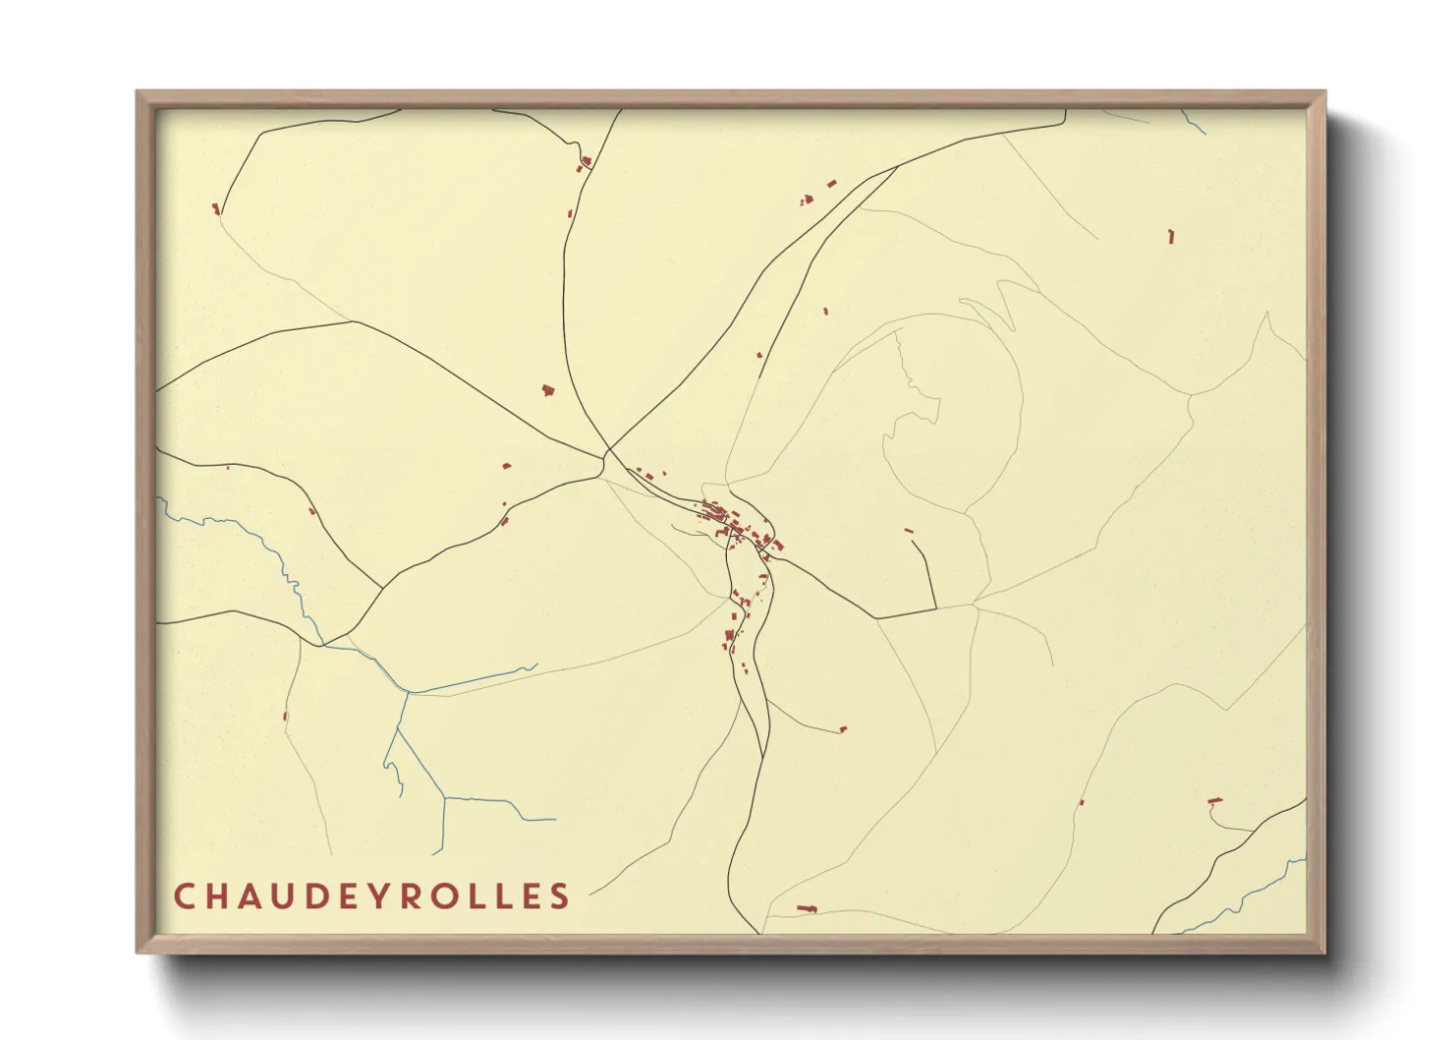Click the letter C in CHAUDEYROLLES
[184, 896]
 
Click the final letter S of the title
[560, 896]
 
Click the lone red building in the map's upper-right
[1170, 236]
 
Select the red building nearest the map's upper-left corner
[215, 207]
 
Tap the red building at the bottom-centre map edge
[808, 908]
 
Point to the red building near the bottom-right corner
[1214, 802]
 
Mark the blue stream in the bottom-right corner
[1248, 896]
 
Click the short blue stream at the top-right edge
[1194, 124]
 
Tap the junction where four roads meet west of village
[604, 455]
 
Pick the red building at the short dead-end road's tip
[842, 729]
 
